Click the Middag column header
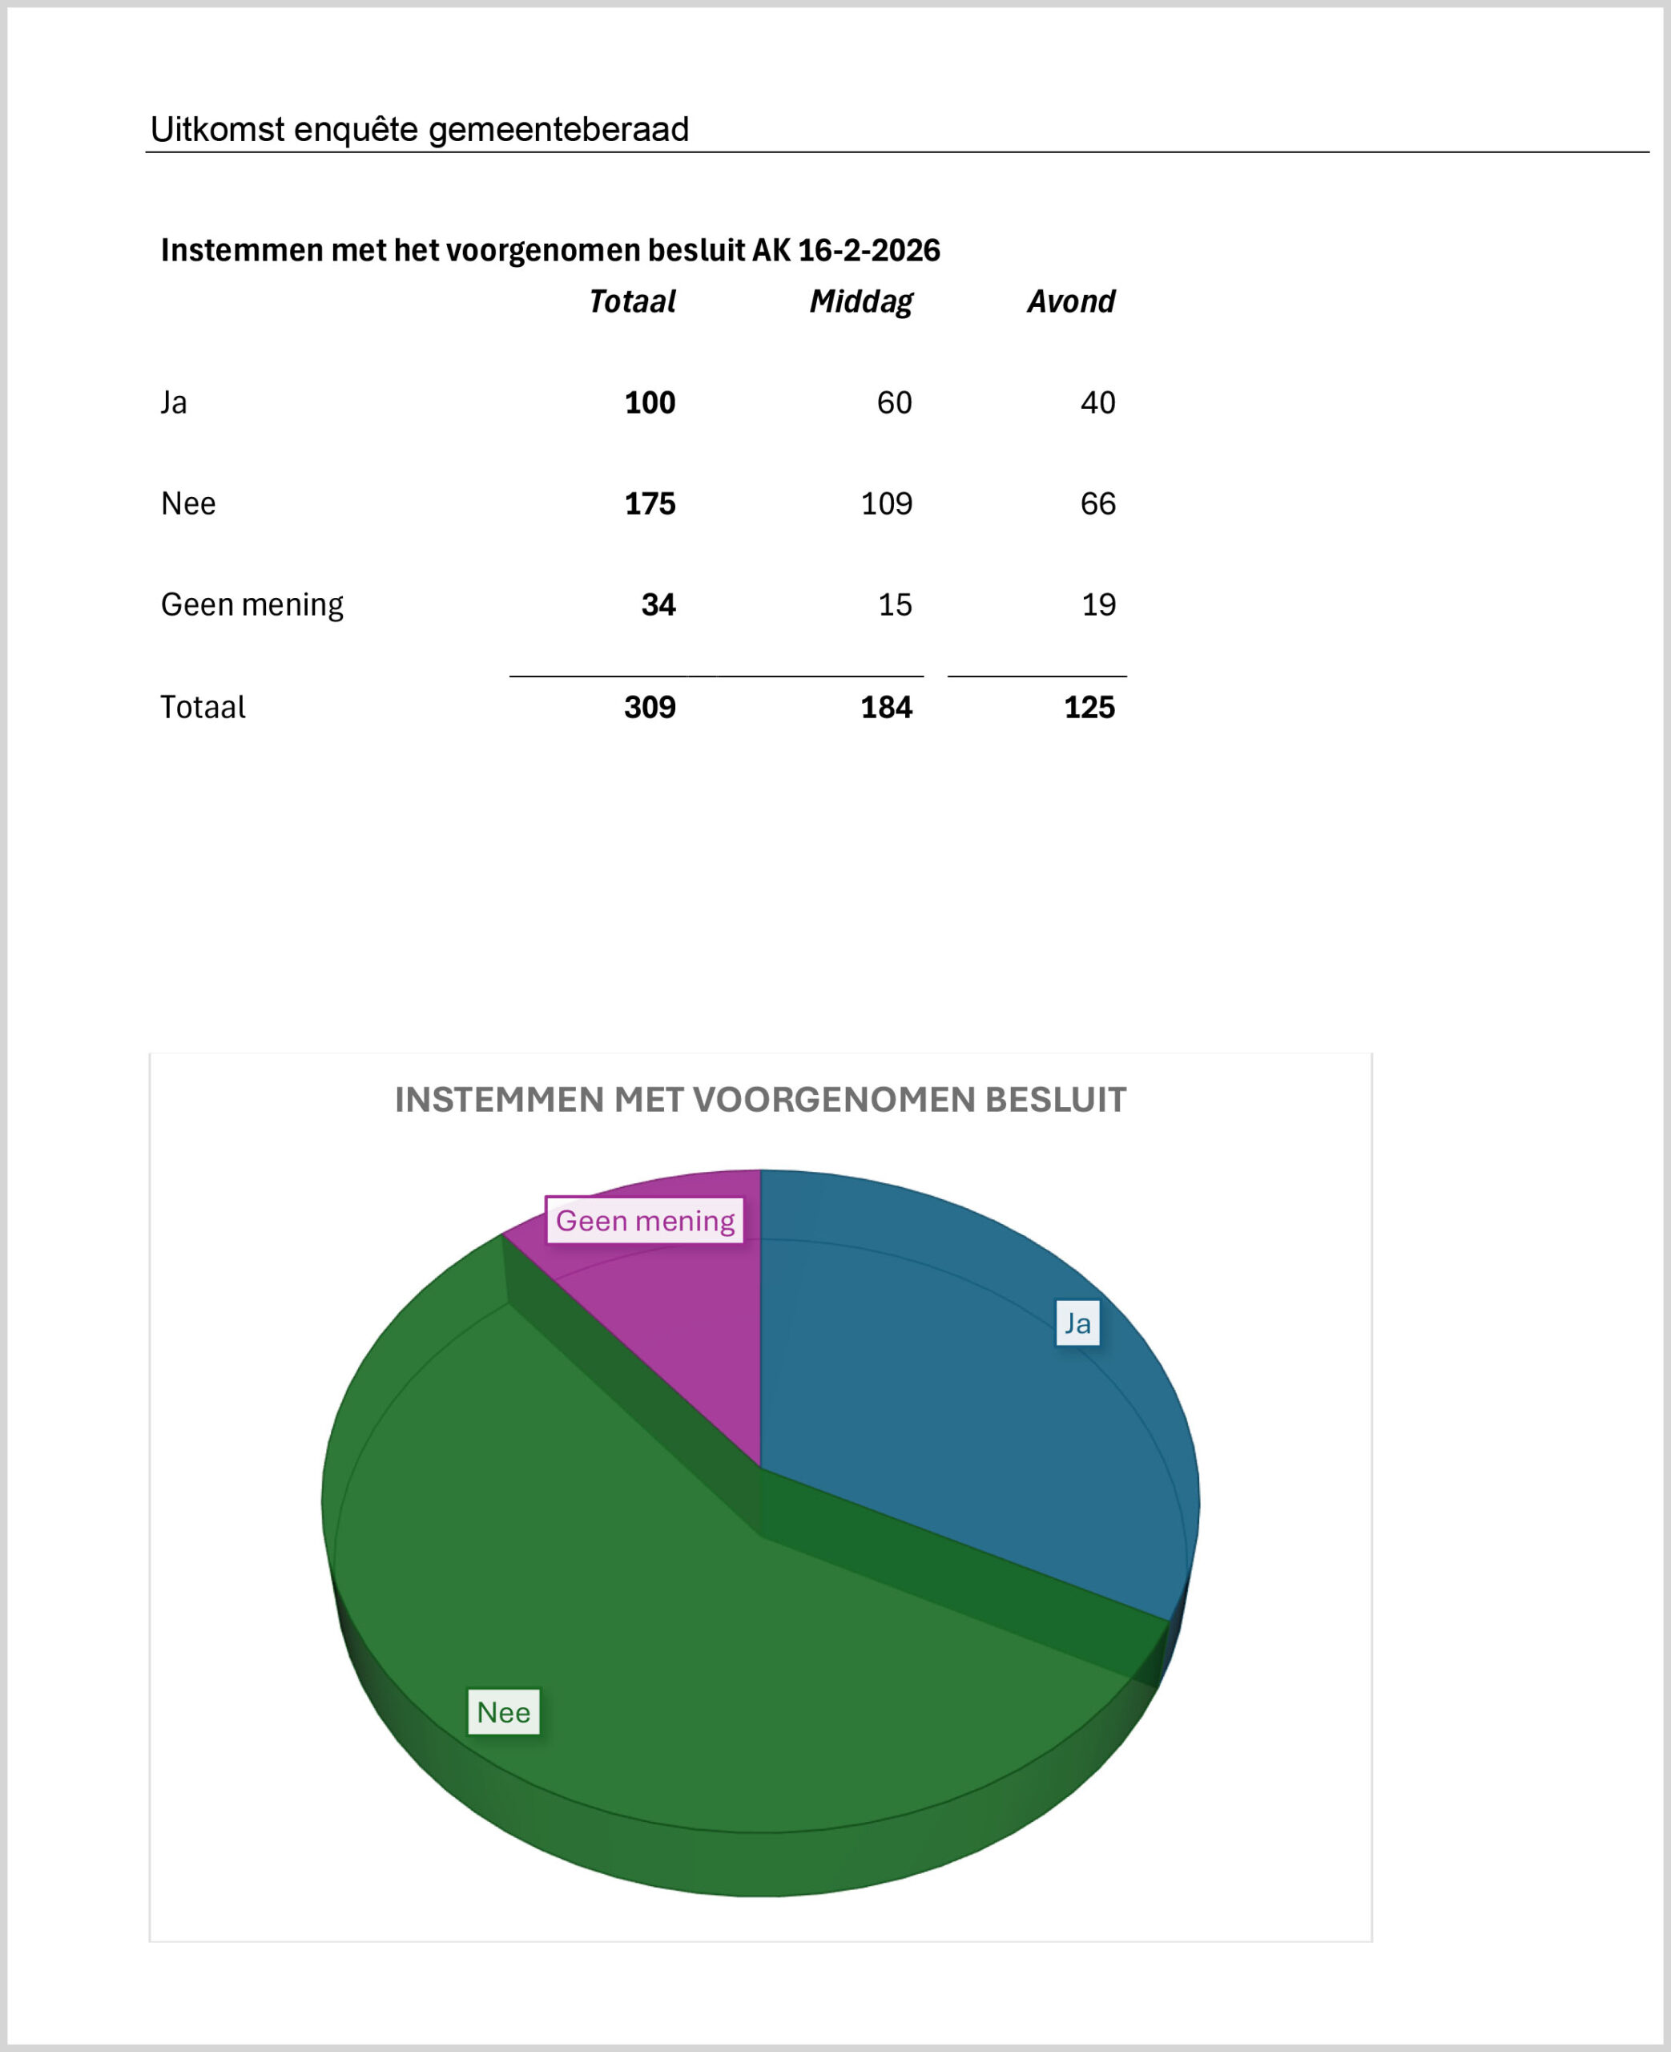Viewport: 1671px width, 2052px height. [x=860, y=302]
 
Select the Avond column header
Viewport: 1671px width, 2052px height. [x=1070, y=302]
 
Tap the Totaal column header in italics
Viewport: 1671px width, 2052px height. [x=631, y=302]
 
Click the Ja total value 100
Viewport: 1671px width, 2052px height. [x=650, y=402]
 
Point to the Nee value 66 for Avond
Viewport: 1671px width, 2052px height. [x=1097, y=503]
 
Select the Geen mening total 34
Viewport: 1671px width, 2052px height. [x=658, y=604]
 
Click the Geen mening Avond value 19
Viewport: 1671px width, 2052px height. [x=1098, y=604]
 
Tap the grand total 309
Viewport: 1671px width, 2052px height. [x=650, y=708]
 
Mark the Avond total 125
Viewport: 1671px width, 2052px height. [x=1089, y=708]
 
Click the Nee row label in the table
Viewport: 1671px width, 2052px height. [x=189, y=503]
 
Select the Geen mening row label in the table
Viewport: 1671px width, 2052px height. [x=252, y=604]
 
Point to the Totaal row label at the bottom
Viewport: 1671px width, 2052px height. [x=203, y=708]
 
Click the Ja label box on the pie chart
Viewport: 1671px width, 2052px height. [x=1077, y=1323]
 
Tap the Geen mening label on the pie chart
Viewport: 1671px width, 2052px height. [x=645, y=1221]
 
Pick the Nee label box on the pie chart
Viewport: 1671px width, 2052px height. [x=503, y=1712]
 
